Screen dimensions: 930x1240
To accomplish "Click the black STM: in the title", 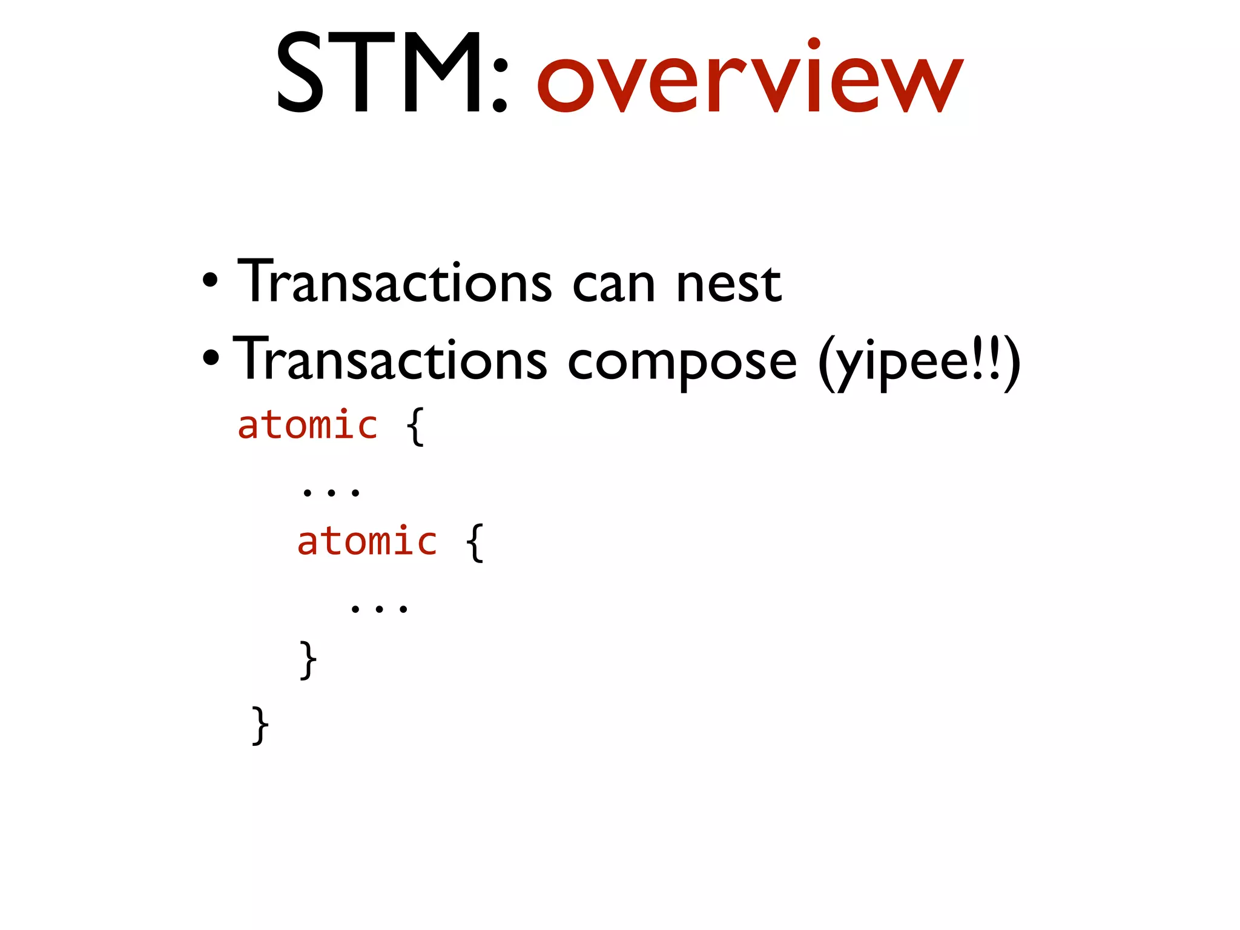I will pos(391,74).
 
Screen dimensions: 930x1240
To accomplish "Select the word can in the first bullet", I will pos(613,285).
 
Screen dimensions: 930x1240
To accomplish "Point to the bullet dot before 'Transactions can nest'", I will pos(209,281).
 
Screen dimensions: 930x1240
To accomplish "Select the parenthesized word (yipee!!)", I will pos(919,363).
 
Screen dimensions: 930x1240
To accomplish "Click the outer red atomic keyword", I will pos(308,425).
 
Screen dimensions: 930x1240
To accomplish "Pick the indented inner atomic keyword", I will pos(367,541).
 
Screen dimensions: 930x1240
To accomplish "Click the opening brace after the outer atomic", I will pos(415,426).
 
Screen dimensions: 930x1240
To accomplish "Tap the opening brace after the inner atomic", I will pos(475,542).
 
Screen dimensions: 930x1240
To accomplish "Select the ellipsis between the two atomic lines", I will pos(331,492).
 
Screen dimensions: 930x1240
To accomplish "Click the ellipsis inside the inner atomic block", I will pos(379,608).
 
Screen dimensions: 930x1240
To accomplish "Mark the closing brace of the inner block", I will pos(308,659).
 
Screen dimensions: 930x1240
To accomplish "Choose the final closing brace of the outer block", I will pos(260,725).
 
